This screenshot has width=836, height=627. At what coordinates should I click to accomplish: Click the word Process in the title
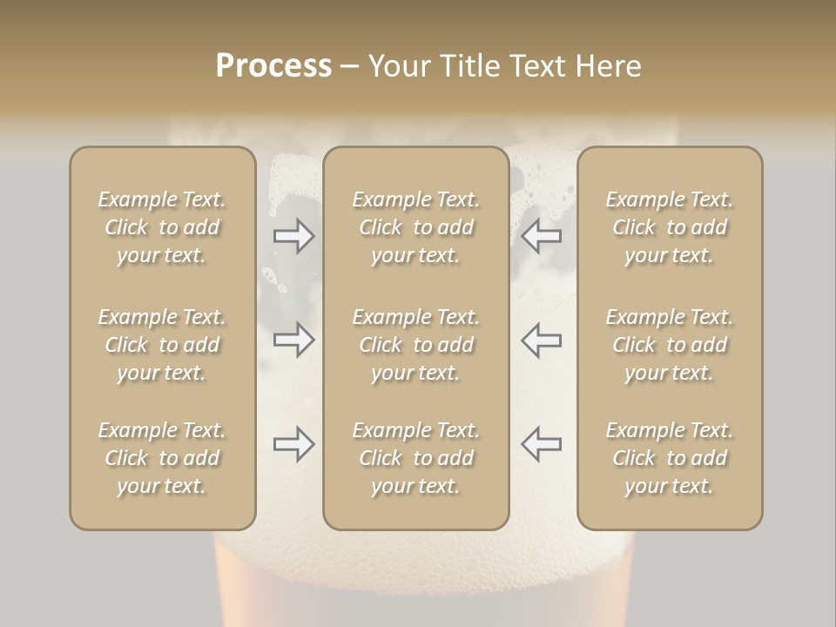[x=273, y=65]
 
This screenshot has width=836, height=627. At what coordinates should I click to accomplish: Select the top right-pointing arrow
[x=293, y=235]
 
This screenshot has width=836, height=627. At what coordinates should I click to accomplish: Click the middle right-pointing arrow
[x=293, y=340]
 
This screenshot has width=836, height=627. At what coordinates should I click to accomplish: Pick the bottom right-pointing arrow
[x=293, y=444]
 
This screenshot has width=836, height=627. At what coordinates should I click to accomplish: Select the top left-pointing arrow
[x=542, y=235]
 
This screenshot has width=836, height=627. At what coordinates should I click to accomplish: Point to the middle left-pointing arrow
[x=542, y=340]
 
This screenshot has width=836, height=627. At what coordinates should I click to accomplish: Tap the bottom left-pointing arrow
[x=542, y=444]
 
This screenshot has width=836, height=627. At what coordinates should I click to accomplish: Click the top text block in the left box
[x=162, y=227]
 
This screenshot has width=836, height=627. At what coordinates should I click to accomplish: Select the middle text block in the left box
[x=162, y=345]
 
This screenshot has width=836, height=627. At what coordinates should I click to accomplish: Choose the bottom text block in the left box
[x=162, y=458]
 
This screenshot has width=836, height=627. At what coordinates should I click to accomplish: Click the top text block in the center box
[x=416, y=227]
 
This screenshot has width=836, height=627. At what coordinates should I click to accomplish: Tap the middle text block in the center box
[x=416, y=345]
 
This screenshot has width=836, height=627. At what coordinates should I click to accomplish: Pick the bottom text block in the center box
[x=416, y=458]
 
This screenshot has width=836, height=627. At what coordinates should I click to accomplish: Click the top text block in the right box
[x=670, y=227]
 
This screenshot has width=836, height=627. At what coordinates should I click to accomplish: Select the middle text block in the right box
[x=670, y=345]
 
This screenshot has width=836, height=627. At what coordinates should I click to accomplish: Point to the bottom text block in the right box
[x=670, y=458]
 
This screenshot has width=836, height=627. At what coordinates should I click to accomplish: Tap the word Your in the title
[x=398, y=65]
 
